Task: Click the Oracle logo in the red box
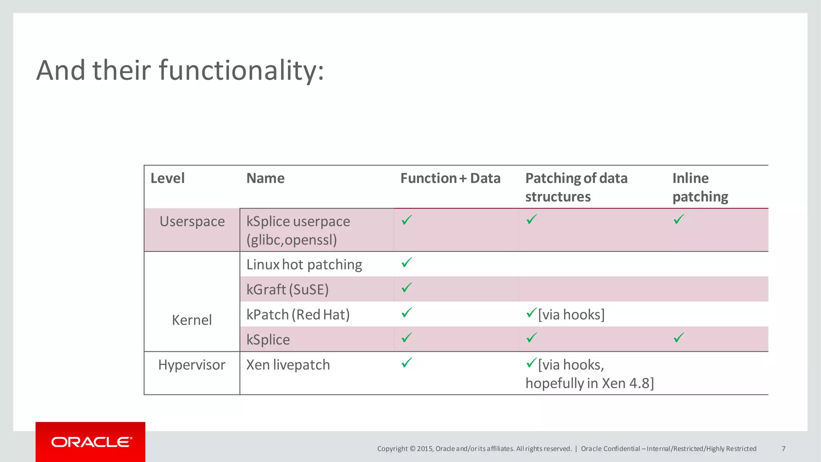coord(91,442)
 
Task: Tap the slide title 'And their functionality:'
coord(180,70)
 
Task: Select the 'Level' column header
coord(168,178)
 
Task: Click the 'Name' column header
coord(265,178)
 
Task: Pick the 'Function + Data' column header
coord(450,178)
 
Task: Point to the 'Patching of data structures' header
coord(576,187)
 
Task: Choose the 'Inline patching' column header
coord(700,187)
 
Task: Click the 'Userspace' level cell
coord(192,221)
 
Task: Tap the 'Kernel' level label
coord(192,320)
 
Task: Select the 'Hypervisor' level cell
coord(192,365)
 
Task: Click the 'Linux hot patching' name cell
coord(304,265)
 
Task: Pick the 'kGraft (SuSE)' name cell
coord(287,290)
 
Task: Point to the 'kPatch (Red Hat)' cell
coord(298,315)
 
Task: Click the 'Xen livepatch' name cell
coord(288,365)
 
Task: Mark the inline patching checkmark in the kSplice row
coord(679,338)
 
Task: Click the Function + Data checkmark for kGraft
coord(406,288)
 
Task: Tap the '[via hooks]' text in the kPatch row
coord(571,315)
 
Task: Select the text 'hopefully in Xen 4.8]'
coord(589,383)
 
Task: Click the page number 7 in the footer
coord(783,449)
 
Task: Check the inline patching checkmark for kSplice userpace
coord(679,219)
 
